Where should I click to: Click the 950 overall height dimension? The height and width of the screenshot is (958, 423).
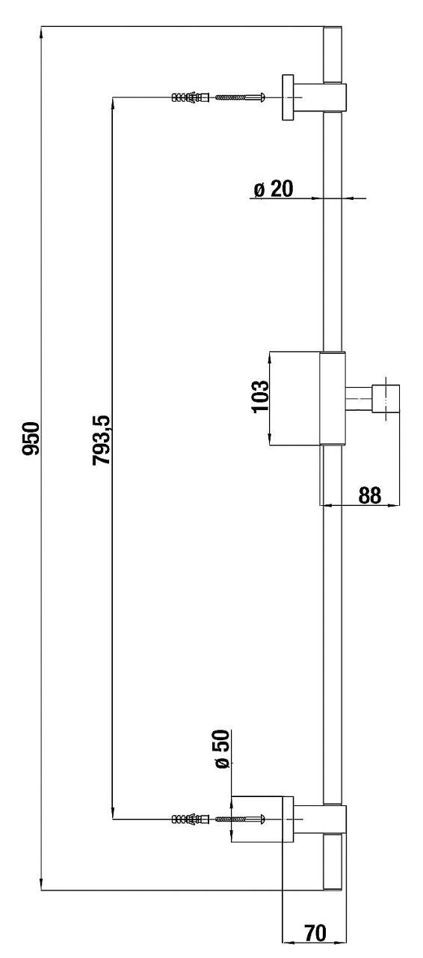click(x=31, y=439)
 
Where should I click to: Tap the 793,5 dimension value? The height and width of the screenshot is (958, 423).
click(x=101, y=439)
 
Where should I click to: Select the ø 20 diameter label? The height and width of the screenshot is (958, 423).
click(x=274, y=189)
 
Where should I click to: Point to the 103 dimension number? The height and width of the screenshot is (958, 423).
click(x=260, y=396)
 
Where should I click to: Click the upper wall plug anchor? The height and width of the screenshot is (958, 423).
click(x=190, y=97)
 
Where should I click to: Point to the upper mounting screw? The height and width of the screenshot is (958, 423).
click(x=241, y=97)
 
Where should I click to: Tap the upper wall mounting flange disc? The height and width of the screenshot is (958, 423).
click(x=288, y=97)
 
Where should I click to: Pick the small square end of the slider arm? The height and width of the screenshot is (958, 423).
click(x=386, y=399)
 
